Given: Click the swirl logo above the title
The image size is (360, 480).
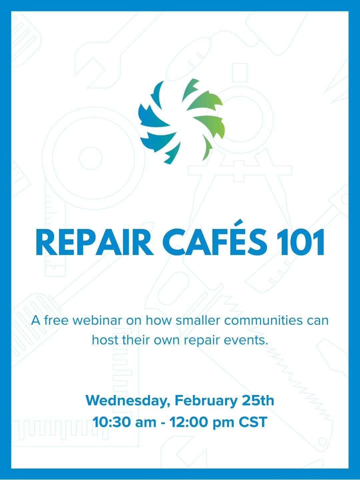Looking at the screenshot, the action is (x=181, y=121).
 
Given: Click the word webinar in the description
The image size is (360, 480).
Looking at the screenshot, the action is (x=97, y=321).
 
